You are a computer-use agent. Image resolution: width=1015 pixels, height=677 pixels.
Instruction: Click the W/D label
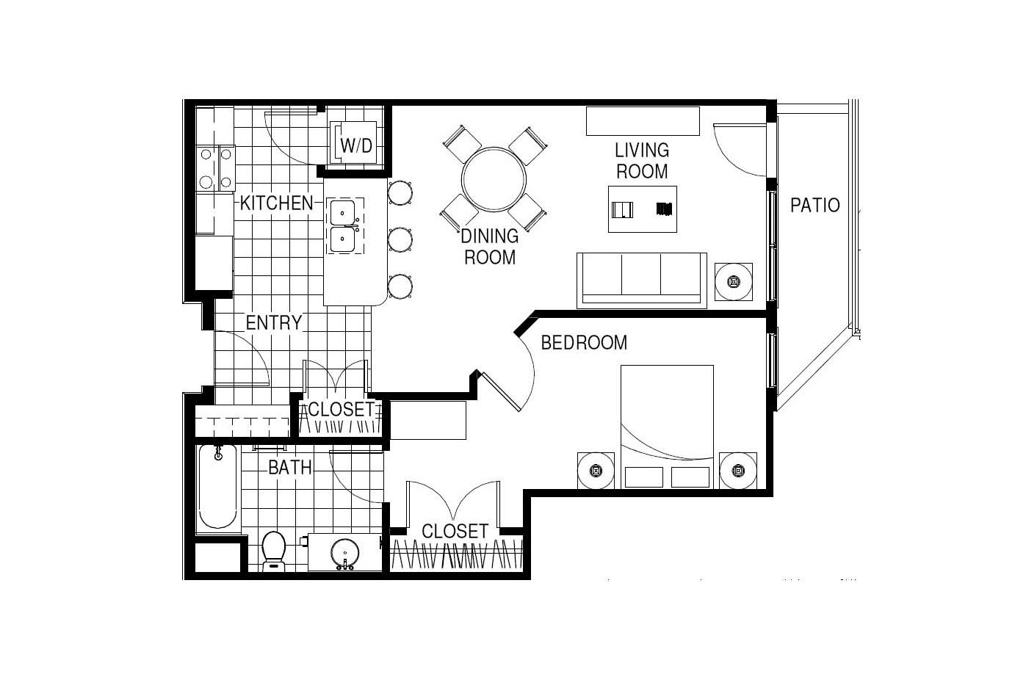[x=356, y=146]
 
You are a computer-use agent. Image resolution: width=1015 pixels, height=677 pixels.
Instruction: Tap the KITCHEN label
[x=276, y=203]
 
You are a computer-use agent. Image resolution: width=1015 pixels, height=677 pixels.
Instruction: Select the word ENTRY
[x=274, y=322]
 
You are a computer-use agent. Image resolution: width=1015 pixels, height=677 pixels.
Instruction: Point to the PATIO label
[x=814, y=206]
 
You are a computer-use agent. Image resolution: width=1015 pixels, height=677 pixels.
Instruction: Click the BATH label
[x=290, y=467]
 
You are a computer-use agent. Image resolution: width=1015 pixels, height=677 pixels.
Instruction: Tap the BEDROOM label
[x=584, y=343]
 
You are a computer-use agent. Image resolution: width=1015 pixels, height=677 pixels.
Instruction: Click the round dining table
[x=494, y=179]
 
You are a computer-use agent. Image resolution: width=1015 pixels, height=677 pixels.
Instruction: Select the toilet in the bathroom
[x=274, y=551]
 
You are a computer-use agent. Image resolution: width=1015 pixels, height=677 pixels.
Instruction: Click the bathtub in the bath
[x=218, y=487]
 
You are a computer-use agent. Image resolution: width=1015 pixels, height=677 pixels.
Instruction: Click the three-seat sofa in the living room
[x=642, y=280]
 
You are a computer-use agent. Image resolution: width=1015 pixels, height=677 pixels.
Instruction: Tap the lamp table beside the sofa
[x=734, y=282]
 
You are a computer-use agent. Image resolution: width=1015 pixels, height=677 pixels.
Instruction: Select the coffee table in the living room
[x=643, y=209]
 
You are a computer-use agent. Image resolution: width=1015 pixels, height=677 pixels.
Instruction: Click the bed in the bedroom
[x=667, y=427]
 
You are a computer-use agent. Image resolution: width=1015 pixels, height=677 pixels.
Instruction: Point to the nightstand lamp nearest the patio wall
[x=738, y=471]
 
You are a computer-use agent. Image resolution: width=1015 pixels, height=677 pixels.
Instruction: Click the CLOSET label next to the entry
[x=342, y=409]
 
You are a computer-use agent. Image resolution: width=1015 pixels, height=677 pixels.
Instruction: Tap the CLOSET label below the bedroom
[x=455, y=531]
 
